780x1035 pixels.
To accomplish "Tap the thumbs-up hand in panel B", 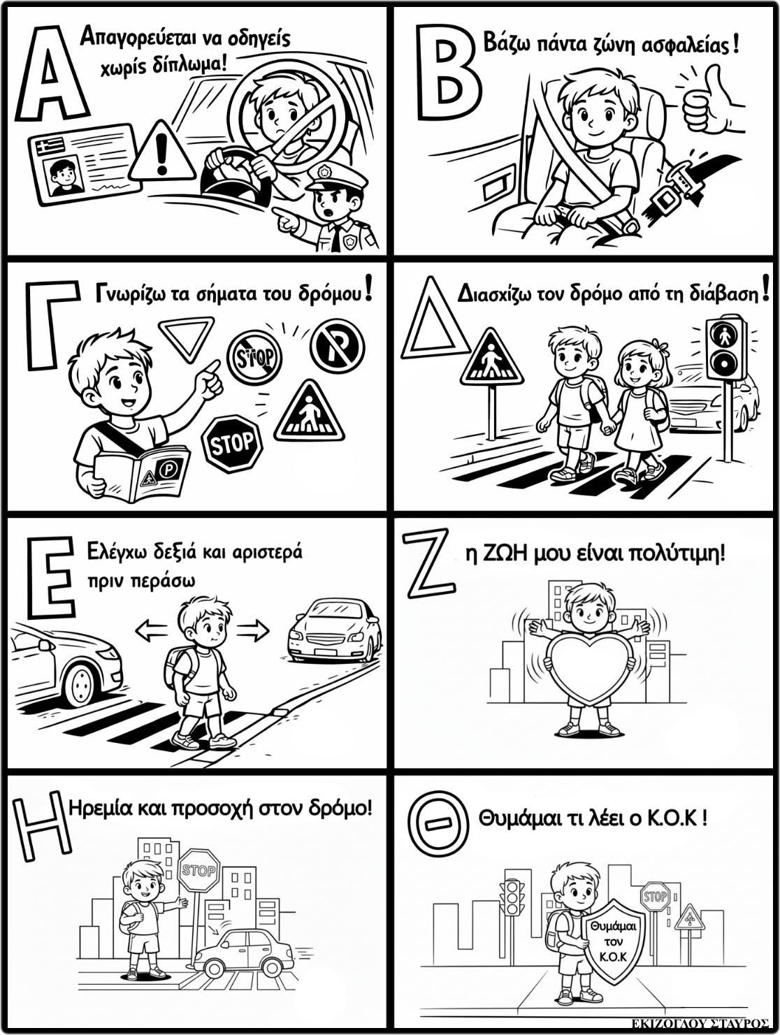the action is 707,101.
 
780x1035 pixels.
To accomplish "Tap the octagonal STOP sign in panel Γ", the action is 231,443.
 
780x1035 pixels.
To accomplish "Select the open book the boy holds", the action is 141,472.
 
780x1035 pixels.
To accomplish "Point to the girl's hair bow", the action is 663,349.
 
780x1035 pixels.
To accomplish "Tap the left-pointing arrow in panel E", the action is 151,631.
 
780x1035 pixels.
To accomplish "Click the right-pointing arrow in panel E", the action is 253,631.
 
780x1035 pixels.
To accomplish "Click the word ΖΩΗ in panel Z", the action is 506,555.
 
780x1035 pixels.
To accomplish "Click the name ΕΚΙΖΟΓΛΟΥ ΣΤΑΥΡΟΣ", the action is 700,1021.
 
